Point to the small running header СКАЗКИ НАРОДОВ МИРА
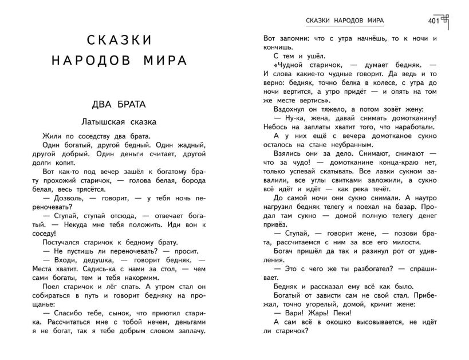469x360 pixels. click(x=345, y=21)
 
